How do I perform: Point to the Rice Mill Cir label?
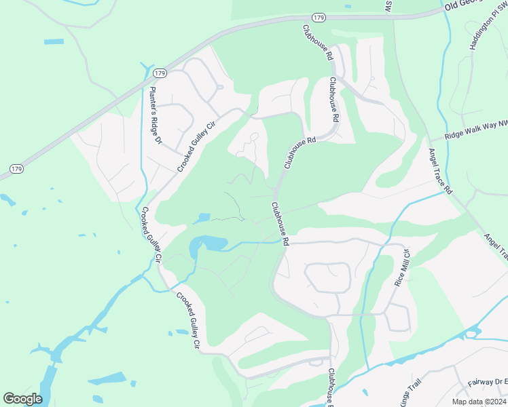(x=403, y=268)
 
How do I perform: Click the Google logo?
(x=22, y=398)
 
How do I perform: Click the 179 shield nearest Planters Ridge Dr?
(x=160, y=73)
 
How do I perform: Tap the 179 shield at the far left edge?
(x=16, y=168)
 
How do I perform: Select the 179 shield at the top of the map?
(x=319, y=16)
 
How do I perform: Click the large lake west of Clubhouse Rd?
(x=208, y=244)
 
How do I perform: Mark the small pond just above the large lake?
(x=201, y=218)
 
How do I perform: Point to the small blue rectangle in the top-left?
(x=54, y=41)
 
